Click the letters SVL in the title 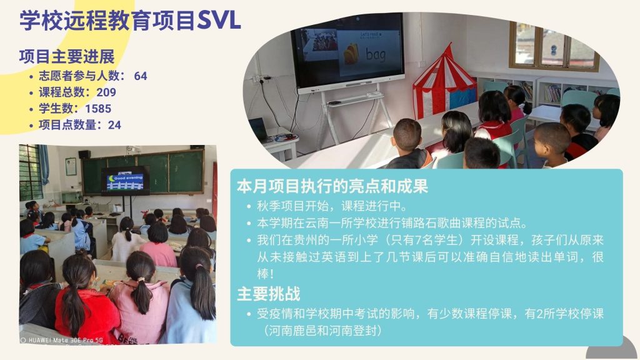click(219, 21)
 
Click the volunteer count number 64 click(141, 76)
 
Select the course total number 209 click(106, 92)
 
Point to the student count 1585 click(98, 109)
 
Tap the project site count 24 click(115, 125)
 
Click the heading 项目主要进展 click(67, 57)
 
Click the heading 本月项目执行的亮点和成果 click(332, 186)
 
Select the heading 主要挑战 click(269, 294)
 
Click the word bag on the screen click(376, 54)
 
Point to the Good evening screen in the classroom click(125, 181)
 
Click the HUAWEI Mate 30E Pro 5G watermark click(62, 340)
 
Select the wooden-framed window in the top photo click(554, 47)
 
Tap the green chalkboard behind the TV click(143, 171)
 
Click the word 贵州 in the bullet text click(305, 240)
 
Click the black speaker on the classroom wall click(84, 154)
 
